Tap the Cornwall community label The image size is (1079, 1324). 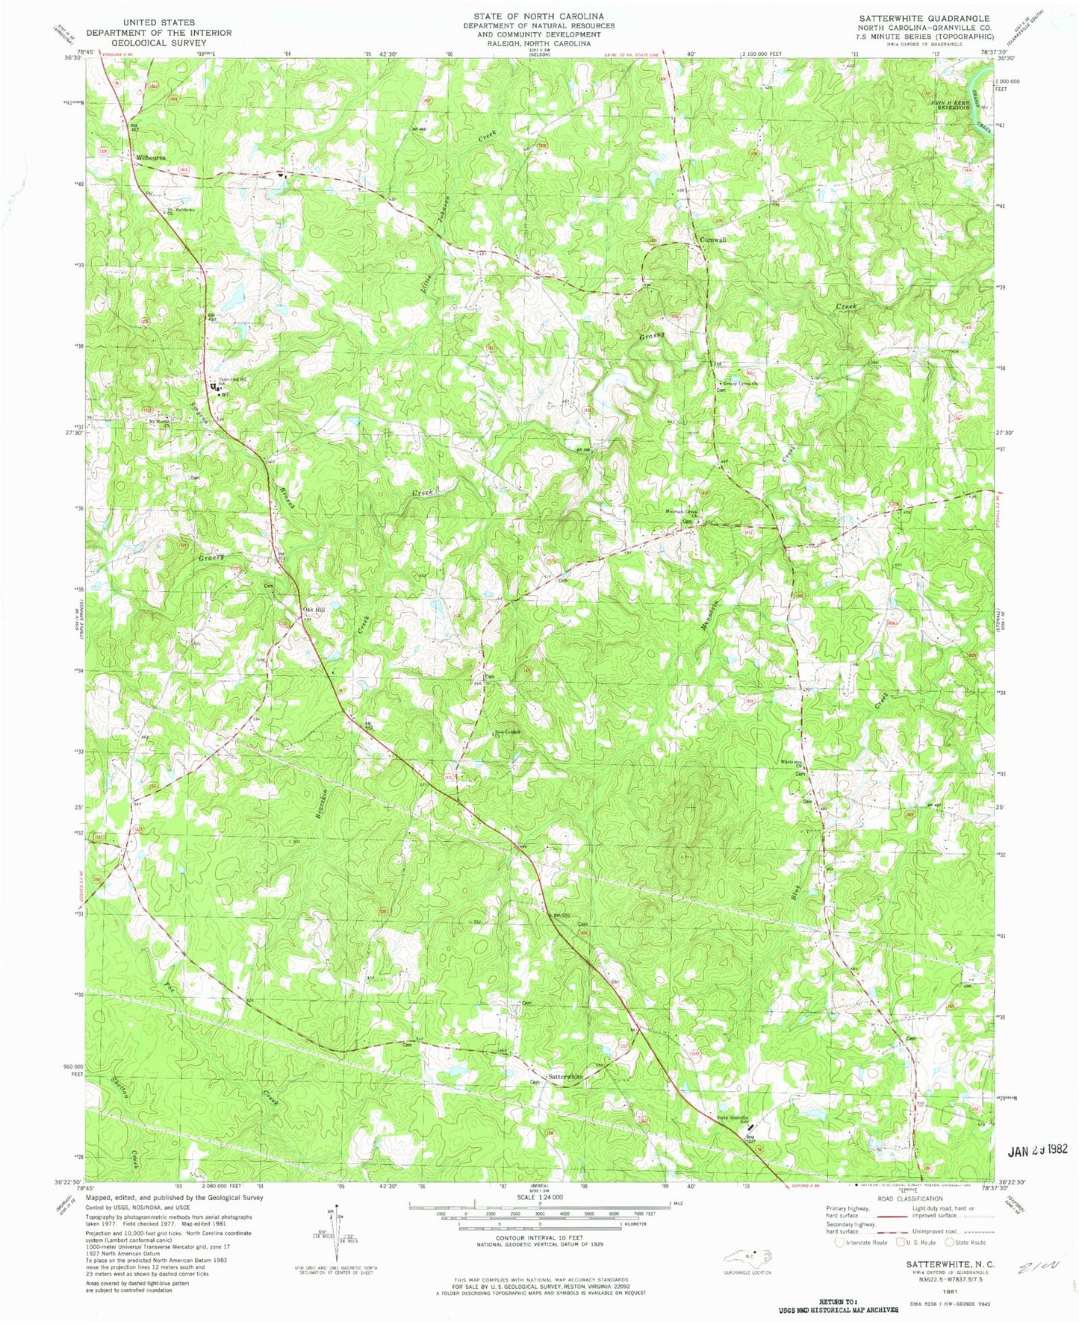tap(711, 240)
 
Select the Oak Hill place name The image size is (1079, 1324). tap(314, 610)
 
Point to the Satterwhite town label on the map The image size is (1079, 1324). tap(565, 1077)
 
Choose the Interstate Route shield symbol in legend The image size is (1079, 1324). tap(839, 1243)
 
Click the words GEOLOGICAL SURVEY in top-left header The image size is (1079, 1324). tap(158, 43)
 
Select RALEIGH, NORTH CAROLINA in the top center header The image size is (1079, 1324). tap(538, 43)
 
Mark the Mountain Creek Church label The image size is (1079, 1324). tap(679, 513)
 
